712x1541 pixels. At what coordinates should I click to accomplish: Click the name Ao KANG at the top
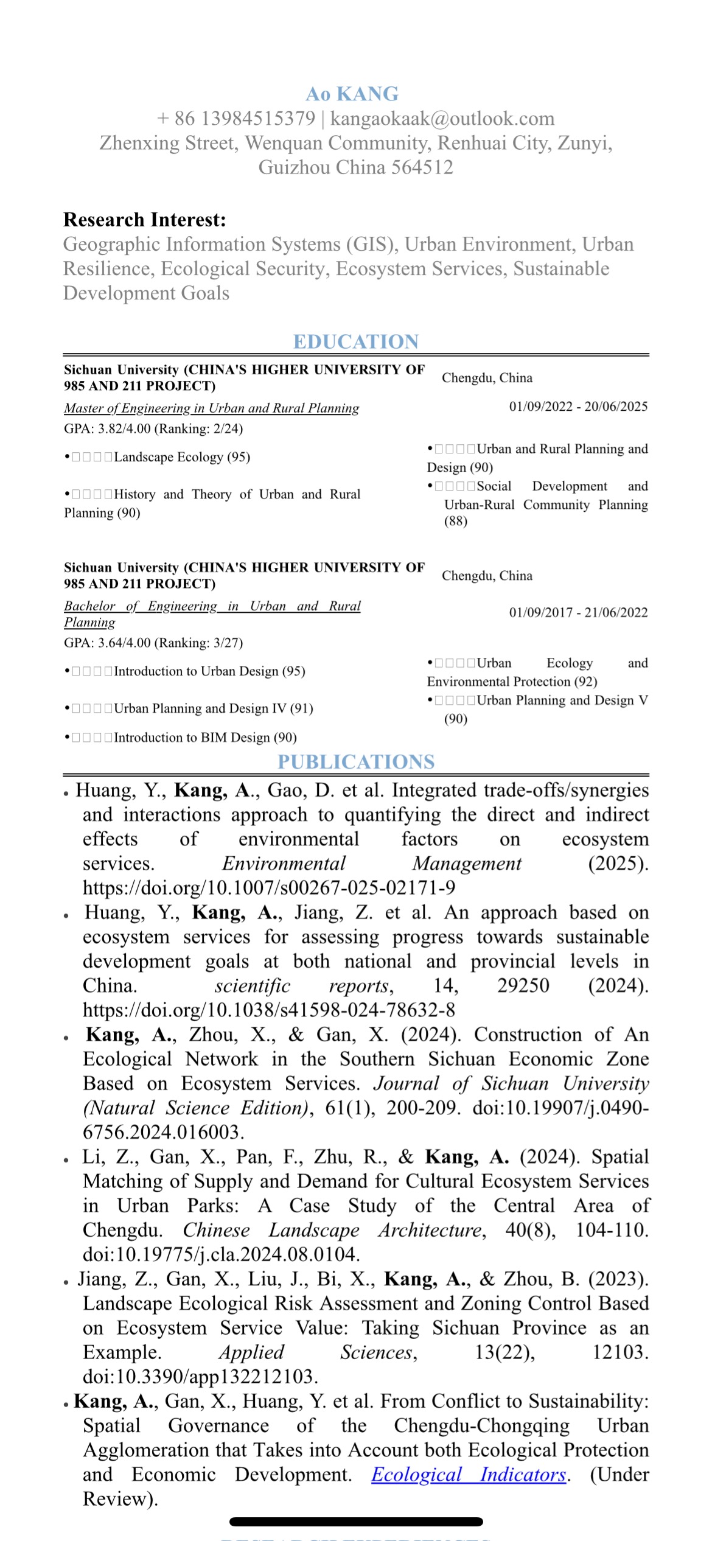pyautogui.click(x=352, y=94)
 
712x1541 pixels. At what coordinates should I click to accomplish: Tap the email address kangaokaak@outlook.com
pyautogui.click(x=442, y=118)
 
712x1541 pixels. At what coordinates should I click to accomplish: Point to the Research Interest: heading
pyautogui.click(x=145, y=219)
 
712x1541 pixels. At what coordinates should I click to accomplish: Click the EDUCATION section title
pyautogui.click(x=356, y=341)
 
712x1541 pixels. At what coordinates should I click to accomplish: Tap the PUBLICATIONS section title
pyautogui.click(x=356, y=761)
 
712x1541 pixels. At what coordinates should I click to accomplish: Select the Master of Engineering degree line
pyautogui.click(x=212, y=408)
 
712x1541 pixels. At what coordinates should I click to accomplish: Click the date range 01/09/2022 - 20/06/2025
pyautogui.click(x=578, y=406)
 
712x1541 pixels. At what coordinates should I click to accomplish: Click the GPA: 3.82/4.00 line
pyautogui.click(x=153, y=428)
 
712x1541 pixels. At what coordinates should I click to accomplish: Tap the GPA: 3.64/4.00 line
pyautogui.click(x=153, y=643)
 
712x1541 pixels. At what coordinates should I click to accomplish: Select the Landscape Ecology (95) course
pyautogui.click(x=182, y=457)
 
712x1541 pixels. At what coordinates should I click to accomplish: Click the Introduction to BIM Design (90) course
pyautogui.click(x=205, y=738)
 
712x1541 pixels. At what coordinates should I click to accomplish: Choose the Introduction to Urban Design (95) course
pyautogui.click(x=209, y=671)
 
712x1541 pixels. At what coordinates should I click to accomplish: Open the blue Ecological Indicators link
pyautogui.click(x=469, y=1474)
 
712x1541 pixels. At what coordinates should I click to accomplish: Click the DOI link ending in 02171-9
pyautogui.click(x=269, y=887)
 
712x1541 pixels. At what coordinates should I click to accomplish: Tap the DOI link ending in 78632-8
pyautogui.click(x=269, y=1010)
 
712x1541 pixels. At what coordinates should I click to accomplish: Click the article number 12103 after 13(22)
pyautogui.click(x=620, y=1352)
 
